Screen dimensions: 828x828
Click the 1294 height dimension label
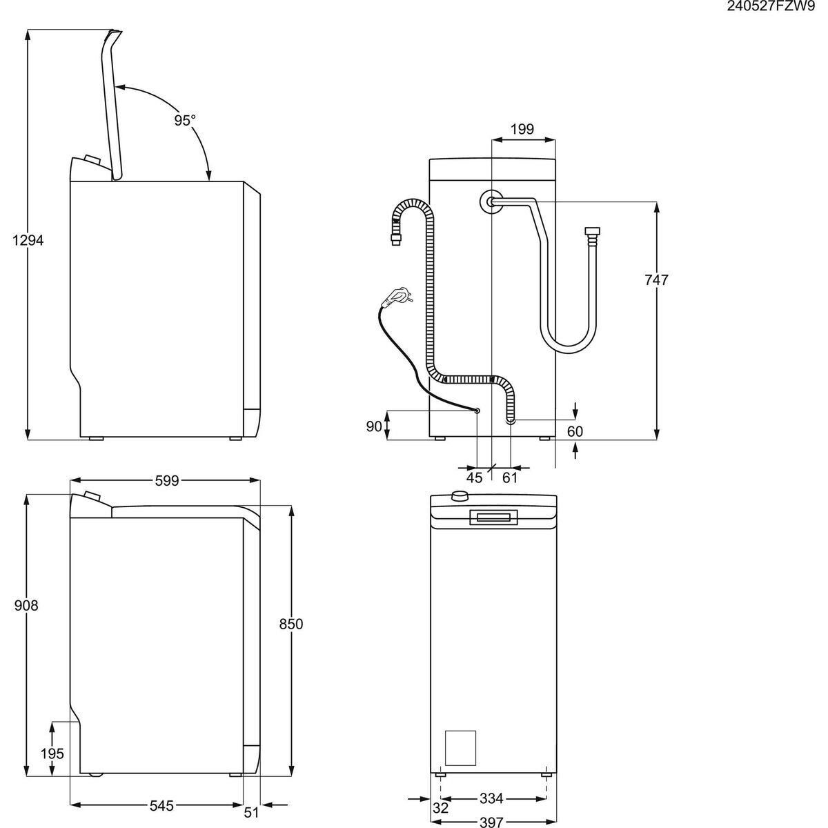(28, 240)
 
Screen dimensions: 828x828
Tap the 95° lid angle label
(184, 120)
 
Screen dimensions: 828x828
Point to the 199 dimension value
(522, 129)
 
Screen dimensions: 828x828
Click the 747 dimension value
(656, 280)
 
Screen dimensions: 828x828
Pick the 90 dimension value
(374, 426)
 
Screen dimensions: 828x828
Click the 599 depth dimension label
(166, 480)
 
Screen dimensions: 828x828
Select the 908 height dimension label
(26, 605)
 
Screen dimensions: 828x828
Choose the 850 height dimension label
(291, 624)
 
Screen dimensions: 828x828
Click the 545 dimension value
(161, 805)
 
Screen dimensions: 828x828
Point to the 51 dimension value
(252, 812)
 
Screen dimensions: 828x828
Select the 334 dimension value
(491, 799)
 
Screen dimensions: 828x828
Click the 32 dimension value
(442, 807)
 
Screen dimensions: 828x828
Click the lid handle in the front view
(493, 517)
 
